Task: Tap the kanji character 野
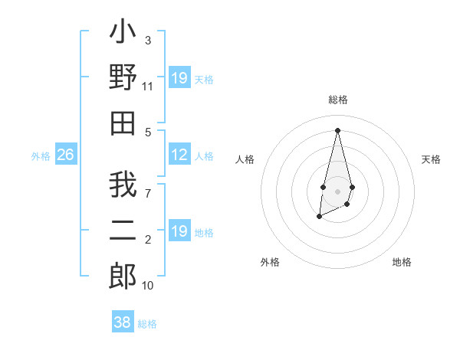pos(123,79)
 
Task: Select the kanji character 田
pos(123,123)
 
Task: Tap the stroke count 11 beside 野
pos(148,87)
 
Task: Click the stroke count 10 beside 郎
pos(148,285)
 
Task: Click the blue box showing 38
pos(123,322)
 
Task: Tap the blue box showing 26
pos(66,155)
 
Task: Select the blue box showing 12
pos(179,155)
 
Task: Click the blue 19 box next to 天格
pos(179,78)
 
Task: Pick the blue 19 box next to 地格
pos(179,232)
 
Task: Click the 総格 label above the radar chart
pos(337,100)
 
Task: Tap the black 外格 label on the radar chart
pos(270,262)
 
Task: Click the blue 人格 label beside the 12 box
pos(204,156)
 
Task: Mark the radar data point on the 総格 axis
pos(337,129)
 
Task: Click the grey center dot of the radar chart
pos(337,190)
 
